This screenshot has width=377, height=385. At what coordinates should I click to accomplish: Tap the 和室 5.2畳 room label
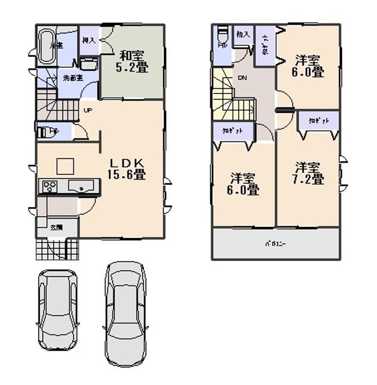[x=132, y=61]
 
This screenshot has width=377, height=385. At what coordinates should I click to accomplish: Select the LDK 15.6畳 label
[x=128, y=168]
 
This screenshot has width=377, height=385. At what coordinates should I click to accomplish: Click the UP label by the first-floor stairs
[x=86, y=111]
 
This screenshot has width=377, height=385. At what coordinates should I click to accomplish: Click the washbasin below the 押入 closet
[x=89, y=64]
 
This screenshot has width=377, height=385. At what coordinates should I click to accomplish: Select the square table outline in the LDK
[x=65, y=166]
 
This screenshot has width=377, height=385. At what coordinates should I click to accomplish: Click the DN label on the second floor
[x=242, y=79]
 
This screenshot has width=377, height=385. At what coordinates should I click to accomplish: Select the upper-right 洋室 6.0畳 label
[x=309, y=65]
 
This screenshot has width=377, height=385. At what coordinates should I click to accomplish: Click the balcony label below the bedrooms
[x=276, y=244]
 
